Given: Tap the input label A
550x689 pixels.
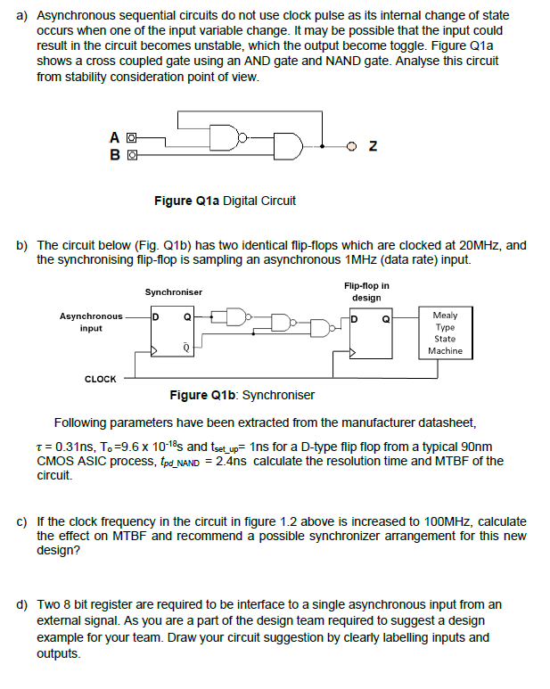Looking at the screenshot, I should tap(115, 137).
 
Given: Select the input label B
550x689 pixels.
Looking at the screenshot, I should tap(115, 152).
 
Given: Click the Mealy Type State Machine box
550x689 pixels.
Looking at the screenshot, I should tap(444, 332).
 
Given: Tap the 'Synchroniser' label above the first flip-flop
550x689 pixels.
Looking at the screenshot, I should tap(174, 291).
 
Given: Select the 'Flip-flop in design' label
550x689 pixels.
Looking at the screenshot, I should tap(365, 291).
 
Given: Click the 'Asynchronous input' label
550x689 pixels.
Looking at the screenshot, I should tap(91, 322).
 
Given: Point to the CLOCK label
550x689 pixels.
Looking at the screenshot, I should tap(100, 379).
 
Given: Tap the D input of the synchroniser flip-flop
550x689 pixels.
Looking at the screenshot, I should tap(155, 316).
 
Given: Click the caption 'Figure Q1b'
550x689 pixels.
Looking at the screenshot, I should tap(203, 395).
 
